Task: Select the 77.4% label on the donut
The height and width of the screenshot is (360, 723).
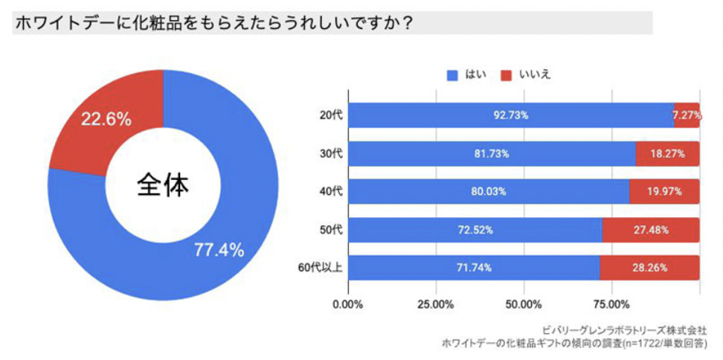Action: (219, 250)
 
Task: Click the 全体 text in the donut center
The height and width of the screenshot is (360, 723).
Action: (163, 185)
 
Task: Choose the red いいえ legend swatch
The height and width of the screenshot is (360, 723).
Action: (507, 75)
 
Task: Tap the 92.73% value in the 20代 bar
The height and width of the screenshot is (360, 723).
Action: (511, 115)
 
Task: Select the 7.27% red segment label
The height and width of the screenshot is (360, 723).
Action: (687, 115)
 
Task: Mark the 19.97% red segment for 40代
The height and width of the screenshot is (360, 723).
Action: (665, 191)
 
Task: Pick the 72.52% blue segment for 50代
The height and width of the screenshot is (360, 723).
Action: (475, 229)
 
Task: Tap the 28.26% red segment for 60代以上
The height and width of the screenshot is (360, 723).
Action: (650, 267)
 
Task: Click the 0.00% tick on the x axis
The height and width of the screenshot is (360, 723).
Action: (348, 304)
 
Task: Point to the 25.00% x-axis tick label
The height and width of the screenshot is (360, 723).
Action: (436, 304)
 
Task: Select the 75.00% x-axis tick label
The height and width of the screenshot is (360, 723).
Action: (611, 304)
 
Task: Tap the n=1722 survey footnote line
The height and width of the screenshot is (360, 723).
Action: (574, 343)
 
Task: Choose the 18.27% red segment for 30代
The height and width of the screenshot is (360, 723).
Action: (668, 153)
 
